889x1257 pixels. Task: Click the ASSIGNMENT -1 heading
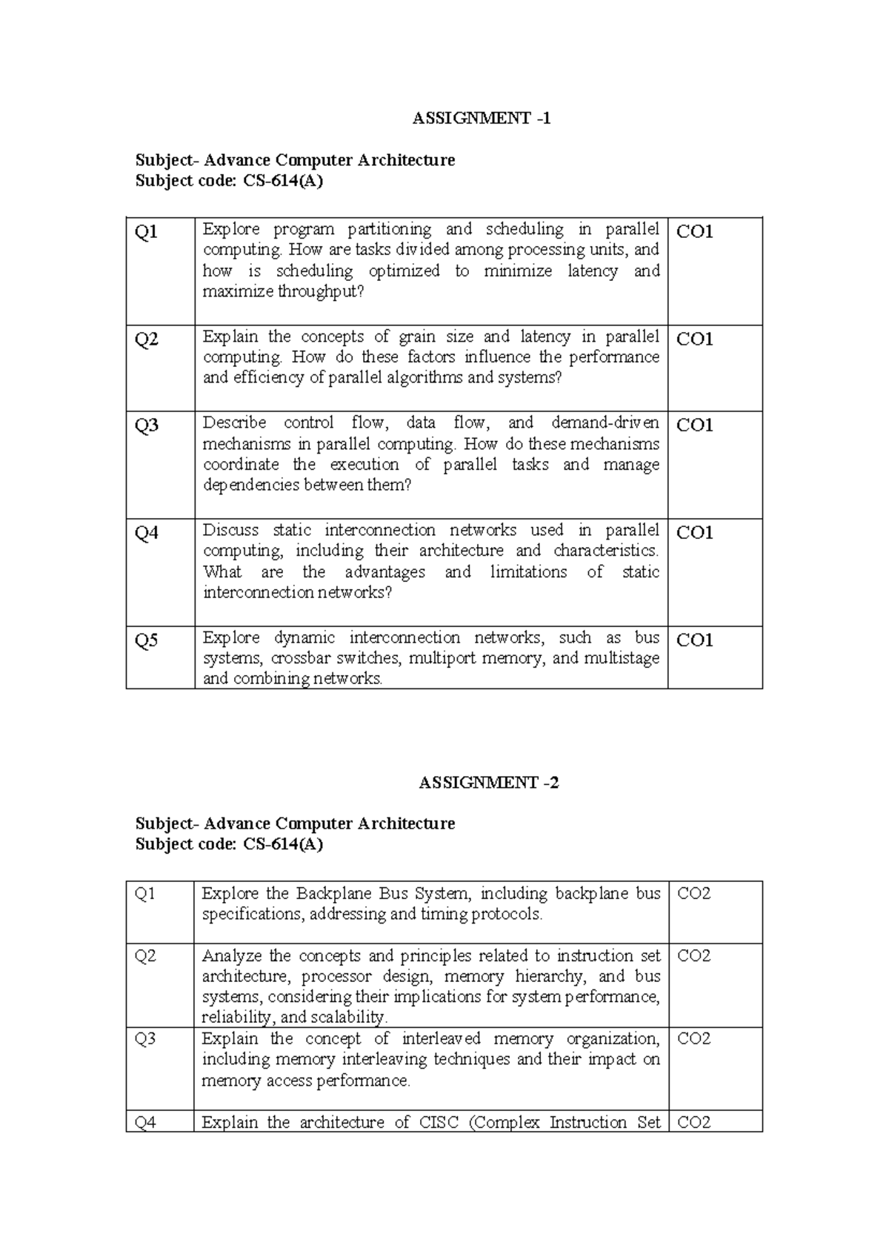coord(482,119)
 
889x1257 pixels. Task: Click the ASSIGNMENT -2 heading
coord(488,783)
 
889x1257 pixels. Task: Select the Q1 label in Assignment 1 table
coord(146,232)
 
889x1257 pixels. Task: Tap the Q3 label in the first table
coord(146,425)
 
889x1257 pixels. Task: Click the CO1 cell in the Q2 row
coord(695,339)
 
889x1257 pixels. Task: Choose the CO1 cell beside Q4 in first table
coord(695,533)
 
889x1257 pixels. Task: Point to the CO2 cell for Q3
coord(694,1038)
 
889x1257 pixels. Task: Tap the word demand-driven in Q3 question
coord(605,422)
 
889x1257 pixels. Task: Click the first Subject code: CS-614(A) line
coord(229,181)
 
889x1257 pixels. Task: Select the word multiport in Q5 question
coord(442,658)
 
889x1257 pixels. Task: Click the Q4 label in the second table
coord(145,1122)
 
